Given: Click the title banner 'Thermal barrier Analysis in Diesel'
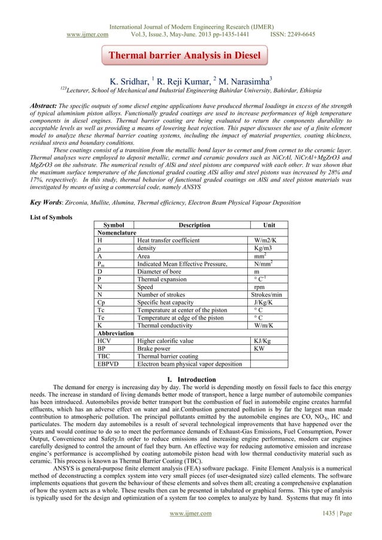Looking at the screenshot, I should click(x=184, y=57).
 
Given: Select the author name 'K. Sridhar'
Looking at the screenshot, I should click(x=128, y=79).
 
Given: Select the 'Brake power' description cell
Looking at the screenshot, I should click(x=154, y=347).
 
